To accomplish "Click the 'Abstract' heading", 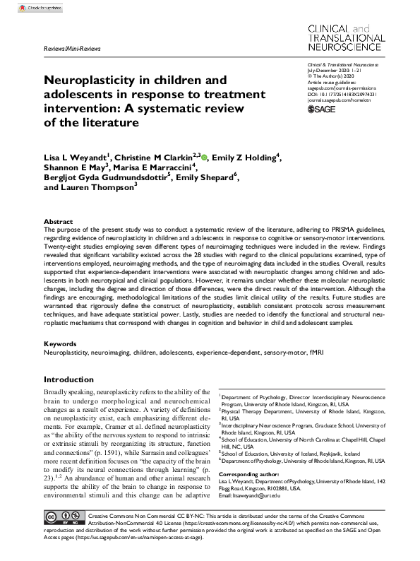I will pyautogui.click(x=58, y=221).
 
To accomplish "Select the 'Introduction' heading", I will pyautogui.click(x=68, y=379).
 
